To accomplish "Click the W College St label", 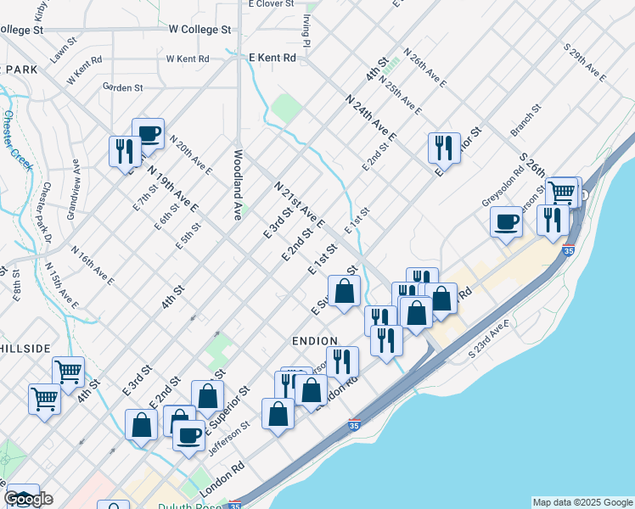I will (199, 29).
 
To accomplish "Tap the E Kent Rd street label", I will (272, 58).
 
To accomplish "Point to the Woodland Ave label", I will (239, 186).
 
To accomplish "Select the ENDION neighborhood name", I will (315, 339).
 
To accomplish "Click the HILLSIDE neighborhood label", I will (25, 349).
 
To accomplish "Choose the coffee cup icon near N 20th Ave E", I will (148, 133).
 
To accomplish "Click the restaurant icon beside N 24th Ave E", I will (444, 148).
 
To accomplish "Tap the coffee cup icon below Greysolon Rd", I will (506, 221).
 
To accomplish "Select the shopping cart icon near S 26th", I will (561, 192).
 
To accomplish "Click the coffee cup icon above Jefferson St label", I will (188, 435).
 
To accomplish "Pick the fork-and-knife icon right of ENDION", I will (342, 361).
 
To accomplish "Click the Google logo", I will (28, 499).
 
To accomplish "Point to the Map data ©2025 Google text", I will (583, 502).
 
